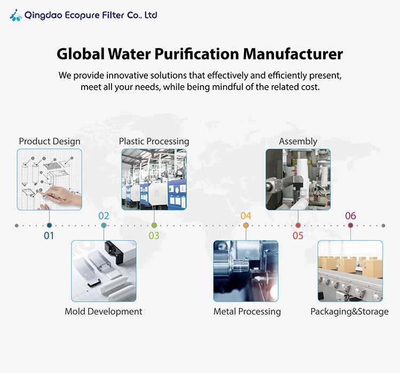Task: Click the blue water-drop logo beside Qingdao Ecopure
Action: coord(16,16)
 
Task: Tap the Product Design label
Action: coord(50,141)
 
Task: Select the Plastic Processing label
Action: coord(154,141)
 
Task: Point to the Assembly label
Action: coord(298,141)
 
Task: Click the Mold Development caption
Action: coord(104,311)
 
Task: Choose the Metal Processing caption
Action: coord(247,311)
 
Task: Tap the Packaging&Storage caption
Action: coord(349,311)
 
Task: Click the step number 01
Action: coord(49,235)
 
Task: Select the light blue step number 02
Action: coord(104,216)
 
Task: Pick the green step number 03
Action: coord(154,235)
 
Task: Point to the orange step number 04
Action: coord(246,216)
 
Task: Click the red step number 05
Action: coord(298,235)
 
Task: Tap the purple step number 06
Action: coord(350,216)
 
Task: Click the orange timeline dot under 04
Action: coord(246,225)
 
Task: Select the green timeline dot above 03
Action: coord(154,225)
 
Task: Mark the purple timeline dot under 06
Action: coord(350,225)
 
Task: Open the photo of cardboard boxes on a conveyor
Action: coord(350,271)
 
